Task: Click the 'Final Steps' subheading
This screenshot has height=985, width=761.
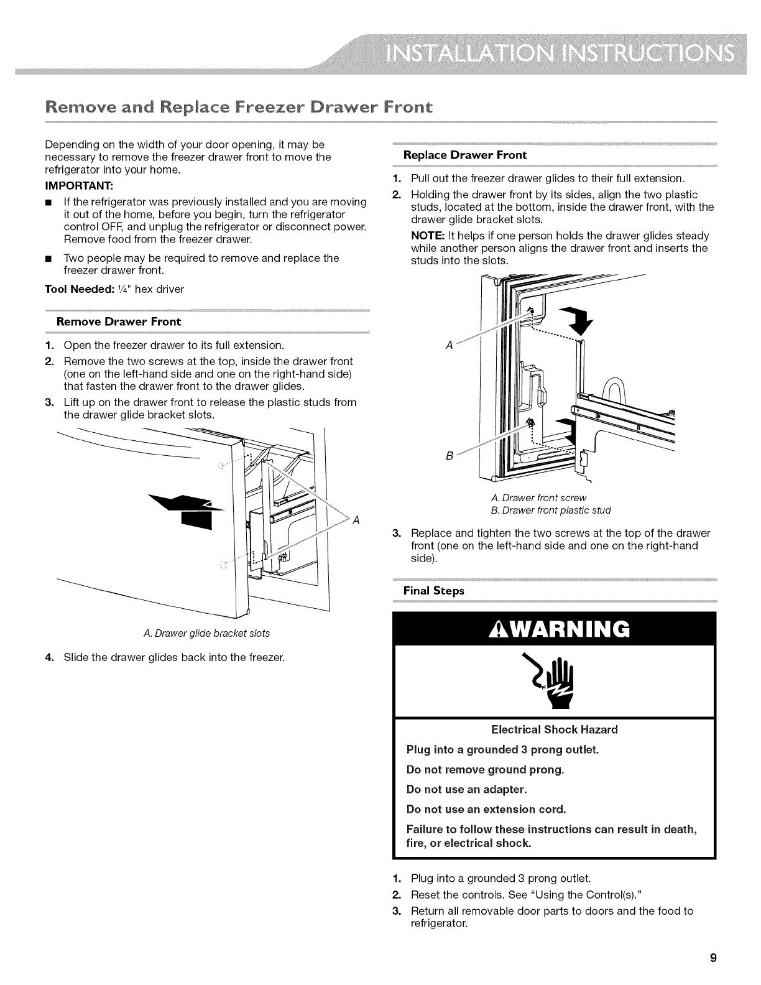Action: pyautogui.click(x=433, y=590)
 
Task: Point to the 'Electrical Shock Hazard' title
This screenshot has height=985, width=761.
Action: pyautogui.click(x=555, y=729)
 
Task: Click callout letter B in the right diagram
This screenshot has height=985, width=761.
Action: pyautogui.click(x=449, y=455)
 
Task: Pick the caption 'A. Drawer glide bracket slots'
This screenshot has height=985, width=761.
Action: pyautogui.click(x=206, y=633)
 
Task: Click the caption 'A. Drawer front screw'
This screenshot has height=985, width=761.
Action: pyautogui.click(x=538, y=497)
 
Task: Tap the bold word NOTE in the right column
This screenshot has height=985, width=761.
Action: pyautogui.click(x=423, y=236)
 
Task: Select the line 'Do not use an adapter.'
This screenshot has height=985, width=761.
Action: pyautogui.click(x=466, y=789)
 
